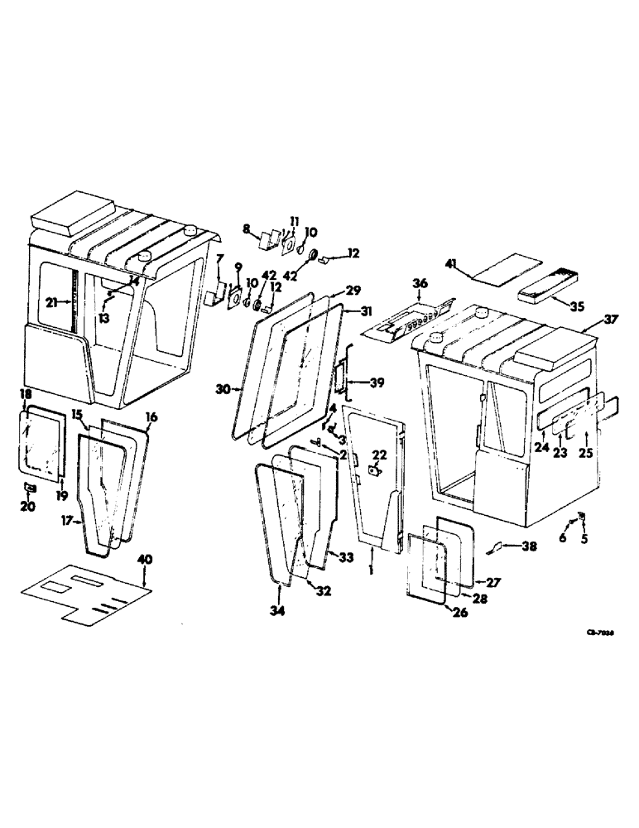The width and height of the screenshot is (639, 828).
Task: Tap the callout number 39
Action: (x=377, y=383)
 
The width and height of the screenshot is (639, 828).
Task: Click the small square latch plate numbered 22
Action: (x=373, y=472)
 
